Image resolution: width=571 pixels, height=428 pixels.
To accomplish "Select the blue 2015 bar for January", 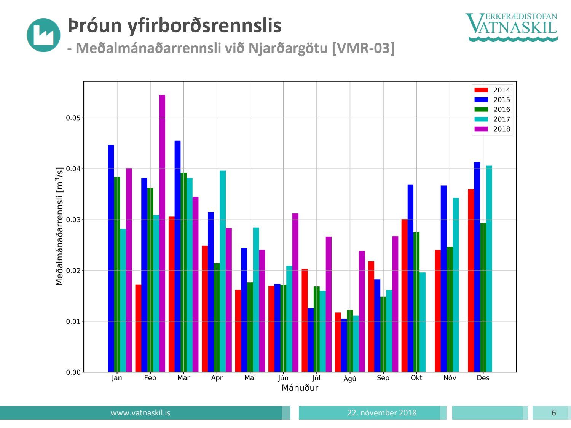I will coord(111,258).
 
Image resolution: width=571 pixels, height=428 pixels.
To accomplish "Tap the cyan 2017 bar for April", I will coord(223,271).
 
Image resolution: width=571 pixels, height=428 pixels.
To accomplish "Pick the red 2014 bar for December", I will coord(471,280).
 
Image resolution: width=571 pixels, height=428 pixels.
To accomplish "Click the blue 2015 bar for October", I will coord(410,278).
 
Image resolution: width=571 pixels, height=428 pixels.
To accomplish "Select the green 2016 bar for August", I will coord(350,341).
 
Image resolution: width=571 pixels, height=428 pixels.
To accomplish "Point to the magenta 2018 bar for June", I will coord(295,293).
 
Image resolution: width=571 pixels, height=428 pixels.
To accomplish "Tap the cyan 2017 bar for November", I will coord(456,285).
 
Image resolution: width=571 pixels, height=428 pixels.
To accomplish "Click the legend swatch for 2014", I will coord(481,90).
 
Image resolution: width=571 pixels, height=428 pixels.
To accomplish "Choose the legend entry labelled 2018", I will coord(501,129).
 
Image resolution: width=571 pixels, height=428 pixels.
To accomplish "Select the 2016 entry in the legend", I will coord(501,110).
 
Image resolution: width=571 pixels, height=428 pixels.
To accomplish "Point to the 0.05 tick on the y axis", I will coord(73,118).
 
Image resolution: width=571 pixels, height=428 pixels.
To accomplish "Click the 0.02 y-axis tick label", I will coord(73,270).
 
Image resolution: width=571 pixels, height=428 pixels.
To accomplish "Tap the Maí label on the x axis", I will coord(250,378).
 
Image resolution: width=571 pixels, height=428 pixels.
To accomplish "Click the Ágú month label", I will coord(350,379).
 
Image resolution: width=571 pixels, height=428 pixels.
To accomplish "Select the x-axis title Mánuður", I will coord(300,388).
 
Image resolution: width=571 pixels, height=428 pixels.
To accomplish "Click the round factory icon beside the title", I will coord(43,35).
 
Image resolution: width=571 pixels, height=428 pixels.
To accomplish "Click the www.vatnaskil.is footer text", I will coord(140,413).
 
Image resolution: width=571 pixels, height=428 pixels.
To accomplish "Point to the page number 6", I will coord(553,413).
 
